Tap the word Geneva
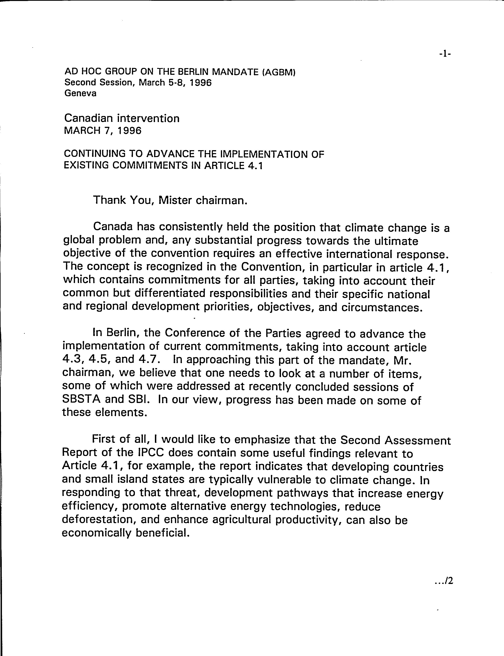(x=80, y=94)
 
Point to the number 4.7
(x=147, y=359)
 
